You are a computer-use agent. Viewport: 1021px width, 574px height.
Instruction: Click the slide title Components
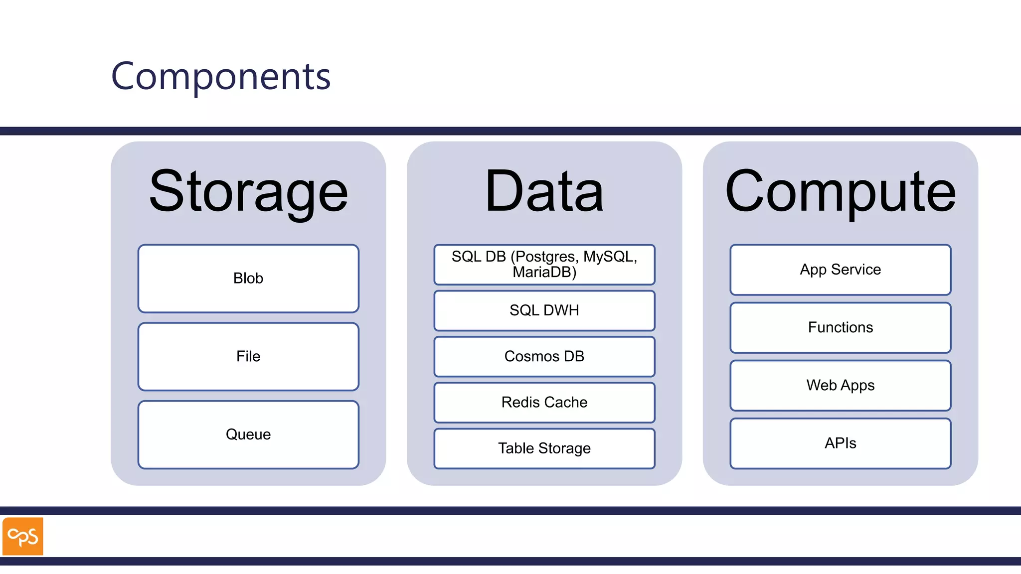click(221, 76)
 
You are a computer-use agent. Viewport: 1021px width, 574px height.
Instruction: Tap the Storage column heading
click(248, 192)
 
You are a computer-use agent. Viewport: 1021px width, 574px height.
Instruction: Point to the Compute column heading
click(840, 192)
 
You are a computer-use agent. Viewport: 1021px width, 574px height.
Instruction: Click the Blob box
click(248, 278)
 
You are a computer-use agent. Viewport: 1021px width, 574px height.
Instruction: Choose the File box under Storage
click(248, 356)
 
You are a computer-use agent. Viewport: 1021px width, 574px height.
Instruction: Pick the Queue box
click(248, 434)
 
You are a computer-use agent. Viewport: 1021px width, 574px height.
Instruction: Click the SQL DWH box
click(544, 310)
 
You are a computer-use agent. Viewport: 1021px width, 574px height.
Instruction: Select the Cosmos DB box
click(544, 356)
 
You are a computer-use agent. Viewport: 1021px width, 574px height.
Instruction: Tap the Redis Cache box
click(544, 402)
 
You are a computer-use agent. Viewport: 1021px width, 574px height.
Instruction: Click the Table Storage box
click(544, 448)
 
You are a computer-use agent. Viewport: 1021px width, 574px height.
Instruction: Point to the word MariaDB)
click(544, 273)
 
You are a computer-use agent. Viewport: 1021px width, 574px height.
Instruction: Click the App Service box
click(840, 270)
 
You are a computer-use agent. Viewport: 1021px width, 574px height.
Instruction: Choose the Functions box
click(840, 327)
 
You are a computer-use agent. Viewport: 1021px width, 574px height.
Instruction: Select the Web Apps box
click(840, 385)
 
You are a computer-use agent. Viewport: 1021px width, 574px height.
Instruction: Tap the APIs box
click(840, 443)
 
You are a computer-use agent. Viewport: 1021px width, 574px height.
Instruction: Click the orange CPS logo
click(23, 536)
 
